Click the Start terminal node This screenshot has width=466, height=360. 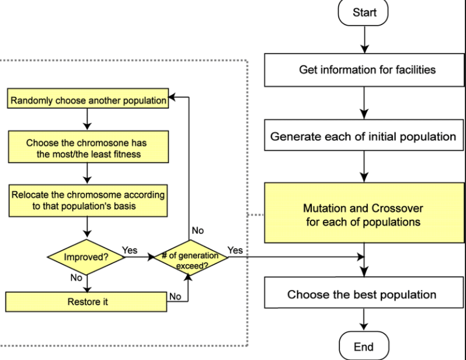pos(364,13)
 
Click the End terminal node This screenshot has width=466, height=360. pos(364,347)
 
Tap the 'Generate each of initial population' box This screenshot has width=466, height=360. pos(363,137)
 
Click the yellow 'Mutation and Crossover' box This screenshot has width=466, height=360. pos(363,215)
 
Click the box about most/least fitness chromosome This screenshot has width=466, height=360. pos(88,147)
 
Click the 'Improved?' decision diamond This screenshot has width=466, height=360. pos(88,257)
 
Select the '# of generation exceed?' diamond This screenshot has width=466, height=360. pos(189,257)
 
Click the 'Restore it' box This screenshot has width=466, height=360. pos(88,302)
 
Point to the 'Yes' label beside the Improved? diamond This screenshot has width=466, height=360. pos(130,250)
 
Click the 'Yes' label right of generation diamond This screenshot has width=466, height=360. pos(235,250)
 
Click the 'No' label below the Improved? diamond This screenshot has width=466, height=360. pos(76,278)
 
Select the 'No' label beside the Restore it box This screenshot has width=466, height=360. pos(175,297)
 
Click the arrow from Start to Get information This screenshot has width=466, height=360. pos(364,40)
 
